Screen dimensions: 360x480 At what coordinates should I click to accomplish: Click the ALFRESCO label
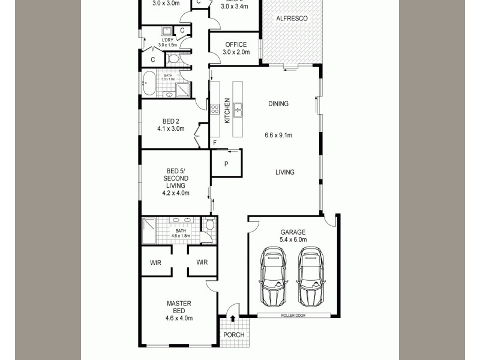point(292,19)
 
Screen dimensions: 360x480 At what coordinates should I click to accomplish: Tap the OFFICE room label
point(236,45)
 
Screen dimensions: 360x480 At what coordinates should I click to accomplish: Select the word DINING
point(278,104)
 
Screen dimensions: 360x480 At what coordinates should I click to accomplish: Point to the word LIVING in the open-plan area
point(284,172)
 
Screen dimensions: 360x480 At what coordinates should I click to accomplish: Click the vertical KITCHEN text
point(227,110)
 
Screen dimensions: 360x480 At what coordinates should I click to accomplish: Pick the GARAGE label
point(293,232)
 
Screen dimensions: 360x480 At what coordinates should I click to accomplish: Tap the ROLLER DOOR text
point(293,315)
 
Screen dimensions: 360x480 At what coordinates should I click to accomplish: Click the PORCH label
point(233,335)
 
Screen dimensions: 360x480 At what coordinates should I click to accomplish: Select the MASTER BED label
point(179,307)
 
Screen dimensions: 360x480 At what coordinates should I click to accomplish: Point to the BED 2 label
point(170,121)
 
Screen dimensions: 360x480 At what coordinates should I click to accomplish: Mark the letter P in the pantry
point(226,164)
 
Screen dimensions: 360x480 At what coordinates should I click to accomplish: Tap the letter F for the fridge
point(215,143)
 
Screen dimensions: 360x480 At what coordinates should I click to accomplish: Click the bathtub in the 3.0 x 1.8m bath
point(149,83)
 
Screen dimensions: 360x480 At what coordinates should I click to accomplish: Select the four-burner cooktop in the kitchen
point(215,109)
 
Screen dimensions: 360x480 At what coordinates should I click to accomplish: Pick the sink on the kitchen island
point(238,109)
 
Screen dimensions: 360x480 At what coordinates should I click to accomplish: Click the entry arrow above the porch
point(233,319)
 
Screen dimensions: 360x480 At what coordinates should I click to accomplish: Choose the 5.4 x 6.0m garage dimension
point(293,240)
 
